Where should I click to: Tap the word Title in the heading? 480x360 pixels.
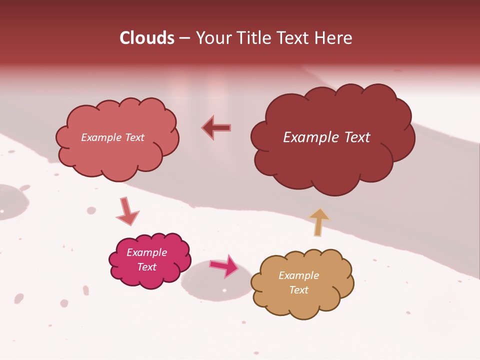point(254,38)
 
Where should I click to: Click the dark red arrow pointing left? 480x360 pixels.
point(216,127)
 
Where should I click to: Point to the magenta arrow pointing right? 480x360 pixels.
point(224,266)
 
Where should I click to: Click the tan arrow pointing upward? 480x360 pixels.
point(319,221)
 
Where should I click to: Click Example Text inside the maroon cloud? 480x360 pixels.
point(326,137)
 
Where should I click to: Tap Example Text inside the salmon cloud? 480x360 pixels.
point(112,137)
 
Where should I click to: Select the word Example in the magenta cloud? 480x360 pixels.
point(146,252)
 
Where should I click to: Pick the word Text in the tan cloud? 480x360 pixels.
point(298,290)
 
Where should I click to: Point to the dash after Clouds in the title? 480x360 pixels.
point(184,38)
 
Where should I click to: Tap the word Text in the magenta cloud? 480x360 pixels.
point(146,267)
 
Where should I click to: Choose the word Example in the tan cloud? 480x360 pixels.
point(298,275)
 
